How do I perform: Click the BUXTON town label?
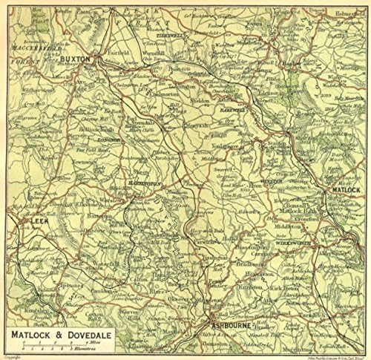pos(75,57)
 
